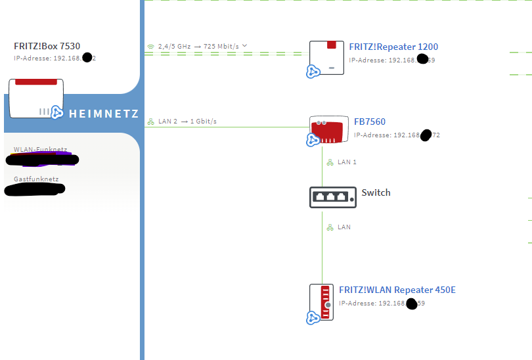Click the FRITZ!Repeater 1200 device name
pyautogui.click(x=393, y=47)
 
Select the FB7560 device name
pyautogui.click(x=370, y=122)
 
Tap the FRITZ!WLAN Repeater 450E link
pyautogui.click(x=387, y=290)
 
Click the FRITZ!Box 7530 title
pyautogui.click(x=47, y=46)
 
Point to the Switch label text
pyautogui.click(x=376, y=192)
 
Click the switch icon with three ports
pyautogui.click(x=332, y=196)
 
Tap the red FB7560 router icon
pyautogui.click(x=329, y=130)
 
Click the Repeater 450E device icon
pyautogui.click(x=322, y=301)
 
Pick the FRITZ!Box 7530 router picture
pyautogui.click(x=36, y=98)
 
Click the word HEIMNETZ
pyautogui.click(x=104, y=114)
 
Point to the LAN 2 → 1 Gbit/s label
pyautogui.click(x=187, y=122)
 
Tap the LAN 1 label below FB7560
pyautogui.click(x=346, y=162)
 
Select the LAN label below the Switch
pyautogui.click(x=344, y=227)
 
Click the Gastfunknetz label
pyautogui.click(x=36, y=179)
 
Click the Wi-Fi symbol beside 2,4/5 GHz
pyautogui.click(x=151, y=47)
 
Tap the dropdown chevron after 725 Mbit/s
pyautogui.click(x=244, y=46)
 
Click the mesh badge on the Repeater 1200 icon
pyautogui.click(x=313, y=72)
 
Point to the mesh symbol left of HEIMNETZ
pyautogui.click(x=57, y=113)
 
